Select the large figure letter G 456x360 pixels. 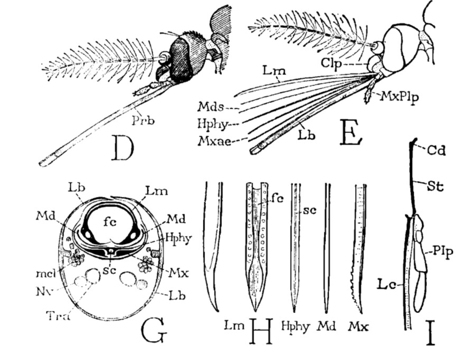tap(153, 330)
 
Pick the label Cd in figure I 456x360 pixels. tap(438, 151)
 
